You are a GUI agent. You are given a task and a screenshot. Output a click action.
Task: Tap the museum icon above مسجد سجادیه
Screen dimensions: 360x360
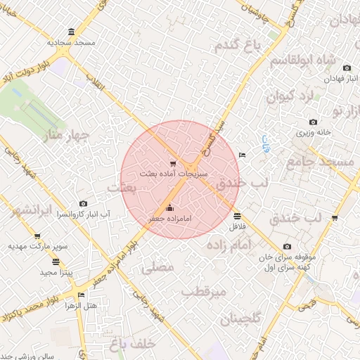point(71,32)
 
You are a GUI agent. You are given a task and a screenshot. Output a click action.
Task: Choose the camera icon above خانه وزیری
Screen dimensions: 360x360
point(313,122)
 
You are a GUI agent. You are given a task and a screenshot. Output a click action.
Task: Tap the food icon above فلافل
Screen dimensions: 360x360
point(236,216)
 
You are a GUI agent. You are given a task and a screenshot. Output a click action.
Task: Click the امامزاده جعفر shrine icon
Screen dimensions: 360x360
point(169,207)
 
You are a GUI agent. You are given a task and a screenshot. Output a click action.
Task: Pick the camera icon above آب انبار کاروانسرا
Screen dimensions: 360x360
point(84,203)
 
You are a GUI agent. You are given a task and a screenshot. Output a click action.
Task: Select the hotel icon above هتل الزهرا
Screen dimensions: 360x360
point(81,295)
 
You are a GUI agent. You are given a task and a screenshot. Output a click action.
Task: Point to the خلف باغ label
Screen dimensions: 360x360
point(131,344)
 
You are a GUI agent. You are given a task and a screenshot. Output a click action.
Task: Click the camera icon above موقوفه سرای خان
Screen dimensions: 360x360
point(287,246)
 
